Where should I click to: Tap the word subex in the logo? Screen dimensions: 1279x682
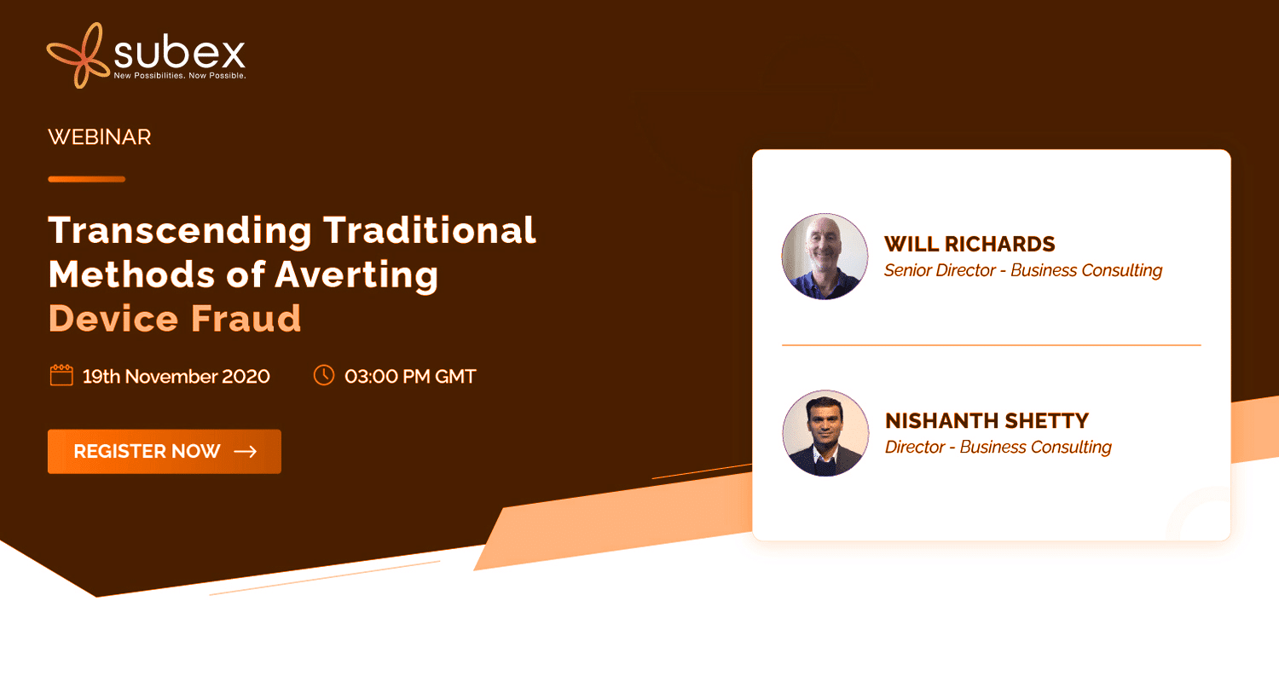pyautogui.click(x=179, y=53)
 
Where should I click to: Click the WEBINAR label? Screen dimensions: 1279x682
pyautogui.click(x=100, y=137)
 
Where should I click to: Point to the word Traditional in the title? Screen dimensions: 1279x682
pyautogui.click(x=430, y=230)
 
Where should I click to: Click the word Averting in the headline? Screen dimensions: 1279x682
pyautogui.click(x=357, y=276)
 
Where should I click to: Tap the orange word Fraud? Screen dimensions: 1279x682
pyautogui.click(x=246, y=319)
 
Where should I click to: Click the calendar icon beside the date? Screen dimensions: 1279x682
pyautogui.click(x=61, y=376)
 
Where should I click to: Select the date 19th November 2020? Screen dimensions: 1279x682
pyautogui.click(x=176, y=377)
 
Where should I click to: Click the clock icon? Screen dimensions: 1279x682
pyautogui.click(x=324, y=376)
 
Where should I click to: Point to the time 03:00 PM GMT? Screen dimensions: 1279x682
pyautogui.click(x=410, y=377)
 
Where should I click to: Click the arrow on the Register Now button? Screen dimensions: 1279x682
pyautogui.click(x=246, y=452)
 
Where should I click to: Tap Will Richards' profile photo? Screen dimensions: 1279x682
pyautogui.click(x=825, y=257)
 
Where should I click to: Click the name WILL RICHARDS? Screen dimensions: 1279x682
pyautogui.click(x=969, y=245)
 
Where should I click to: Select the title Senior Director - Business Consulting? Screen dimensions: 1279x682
pyautogui.click(x=1023, y=270)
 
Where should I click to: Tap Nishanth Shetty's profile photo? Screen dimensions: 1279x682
pyautogui.click(x=825, y=433)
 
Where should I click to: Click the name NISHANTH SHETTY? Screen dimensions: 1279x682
pyautogui.click(x=987, y=421)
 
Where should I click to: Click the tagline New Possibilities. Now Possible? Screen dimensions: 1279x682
pyautogui.click(x=180, y=75)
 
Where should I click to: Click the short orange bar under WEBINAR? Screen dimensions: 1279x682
pyautogui.click(x=87, y=179)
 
